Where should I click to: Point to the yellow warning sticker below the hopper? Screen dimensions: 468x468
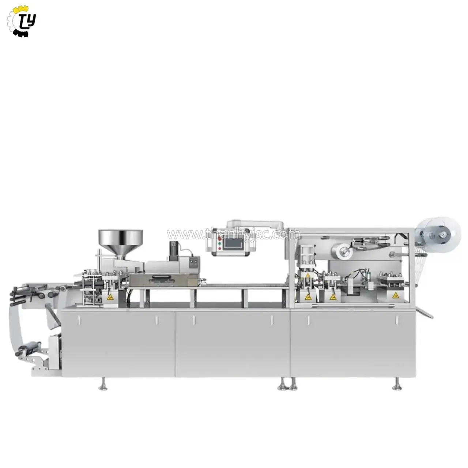(111, 297)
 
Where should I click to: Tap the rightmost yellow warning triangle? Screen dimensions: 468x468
(395, 295)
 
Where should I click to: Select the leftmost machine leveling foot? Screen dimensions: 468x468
(103, 384)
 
